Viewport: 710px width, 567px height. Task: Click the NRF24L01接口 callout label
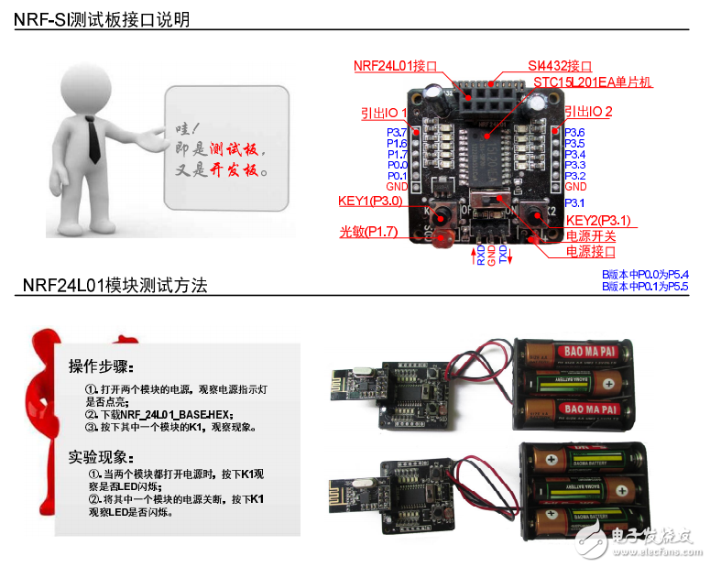point(396,66)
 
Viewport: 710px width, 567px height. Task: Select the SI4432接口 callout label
point(560,66)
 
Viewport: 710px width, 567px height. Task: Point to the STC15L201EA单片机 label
point(593,82)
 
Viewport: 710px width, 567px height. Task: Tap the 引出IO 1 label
point(384,113)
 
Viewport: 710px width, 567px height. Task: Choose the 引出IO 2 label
point(588,112)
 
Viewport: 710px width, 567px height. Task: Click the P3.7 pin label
point(397,133)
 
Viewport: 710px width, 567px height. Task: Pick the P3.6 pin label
point(574,133)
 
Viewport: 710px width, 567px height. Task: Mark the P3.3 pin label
point(574,165)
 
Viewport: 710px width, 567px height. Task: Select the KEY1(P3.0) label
point(370,201)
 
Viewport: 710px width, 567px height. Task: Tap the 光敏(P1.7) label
point(368,233)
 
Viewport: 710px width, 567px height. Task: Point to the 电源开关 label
point(590,236)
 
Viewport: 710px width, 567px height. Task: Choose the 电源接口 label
point(590,251)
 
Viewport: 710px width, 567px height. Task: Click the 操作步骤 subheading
point(101,367)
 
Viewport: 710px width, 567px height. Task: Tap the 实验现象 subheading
point(101,456)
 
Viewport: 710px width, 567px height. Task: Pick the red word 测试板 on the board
point(235,150)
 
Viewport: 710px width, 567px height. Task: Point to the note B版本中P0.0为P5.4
point(645,274)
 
